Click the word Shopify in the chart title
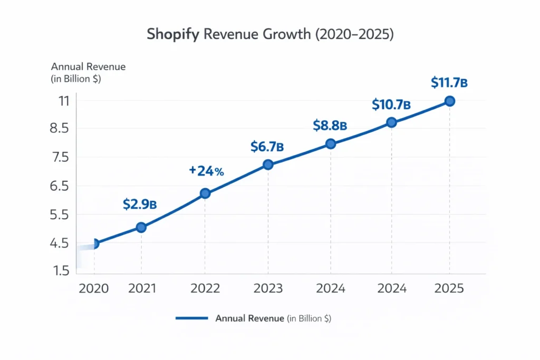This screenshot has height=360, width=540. click(172, 34)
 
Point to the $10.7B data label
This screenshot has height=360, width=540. click(391, 104)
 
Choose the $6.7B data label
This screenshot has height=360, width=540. click(267, 147)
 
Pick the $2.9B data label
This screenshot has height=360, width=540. click(140, 205)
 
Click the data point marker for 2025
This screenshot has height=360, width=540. click(449, 101)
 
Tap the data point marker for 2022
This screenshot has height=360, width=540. click(205, 193)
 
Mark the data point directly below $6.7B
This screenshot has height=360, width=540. click(268, 164)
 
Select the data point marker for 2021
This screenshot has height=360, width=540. click(141, 227)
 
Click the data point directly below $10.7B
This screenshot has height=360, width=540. click(391, 122)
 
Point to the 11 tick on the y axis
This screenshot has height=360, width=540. click(64, 100)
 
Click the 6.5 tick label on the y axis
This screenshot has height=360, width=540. click(59, 186)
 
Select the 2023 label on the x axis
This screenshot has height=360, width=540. click(268, 289)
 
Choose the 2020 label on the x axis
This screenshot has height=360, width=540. click(93, 289)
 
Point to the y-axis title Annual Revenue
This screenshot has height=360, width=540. click(88, 67)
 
